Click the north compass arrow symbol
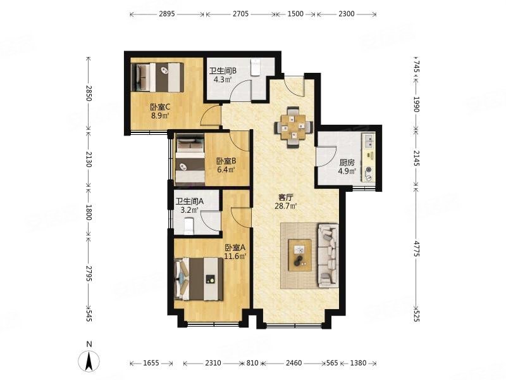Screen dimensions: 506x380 89,360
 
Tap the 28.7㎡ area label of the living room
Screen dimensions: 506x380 286,206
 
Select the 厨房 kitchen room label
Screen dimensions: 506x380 347,163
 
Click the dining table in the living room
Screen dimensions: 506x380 293,127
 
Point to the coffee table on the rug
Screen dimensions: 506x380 300,255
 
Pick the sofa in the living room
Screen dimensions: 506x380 328,255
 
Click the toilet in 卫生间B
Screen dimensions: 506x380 256,67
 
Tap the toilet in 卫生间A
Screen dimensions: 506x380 188,226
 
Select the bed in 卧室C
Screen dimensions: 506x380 157,77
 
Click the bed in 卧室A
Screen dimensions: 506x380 199,279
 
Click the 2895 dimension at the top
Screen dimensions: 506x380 166,14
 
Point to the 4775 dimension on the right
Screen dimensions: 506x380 416,248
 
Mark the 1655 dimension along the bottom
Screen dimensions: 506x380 151,363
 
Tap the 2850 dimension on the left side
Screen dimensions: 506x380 89,93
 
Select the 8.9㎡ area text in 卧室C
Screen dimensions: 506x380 160,115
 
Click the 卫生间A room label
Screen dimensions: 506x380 190,201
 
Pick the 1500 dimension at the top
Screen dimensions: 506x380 295,14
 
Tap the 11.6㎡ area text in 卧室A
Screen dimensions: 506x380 235,256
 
